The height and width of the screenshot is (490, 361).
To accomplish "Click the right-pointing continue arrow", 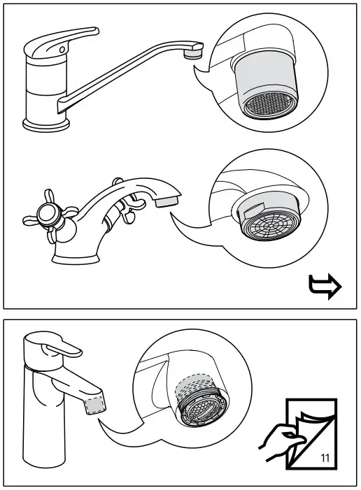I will (325, 287).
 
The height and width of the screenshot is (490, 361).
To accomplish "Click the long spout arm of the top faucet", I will (126, 77).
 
